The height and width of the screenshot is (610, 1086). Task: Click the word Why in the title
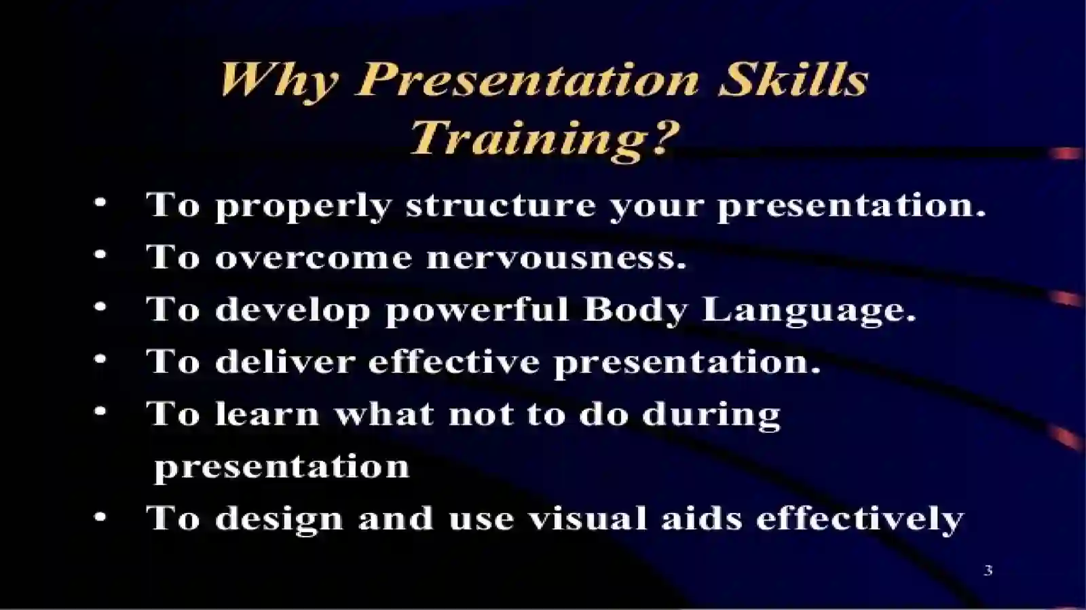coord(278,80)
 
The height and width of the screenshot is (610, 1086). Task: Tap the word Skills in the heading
coord(793,79)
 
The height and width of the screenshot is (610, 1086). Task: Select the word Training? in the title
coord(544,137)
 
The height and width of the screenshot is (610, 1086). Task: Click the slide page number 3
coord(988,571)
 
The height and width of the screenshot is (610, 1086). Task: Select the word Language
coord(809,310)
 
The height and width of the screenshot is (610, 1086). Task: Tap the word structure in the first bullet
coord(500,205)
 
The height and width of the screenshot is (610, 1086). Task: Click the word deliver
coord(285,362)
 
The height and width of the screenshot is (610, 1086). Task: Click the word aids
coord(702,519)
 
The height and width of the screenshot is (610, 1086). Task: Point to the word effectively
coord(859,519)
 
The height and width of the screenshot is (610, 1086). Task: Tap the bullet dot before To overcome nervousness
coord(100,255)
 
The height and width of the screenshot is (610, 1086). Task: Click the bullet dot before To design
coord(100,518)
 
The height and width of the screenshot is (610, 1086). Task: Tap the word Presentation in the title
coord(527,80)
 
